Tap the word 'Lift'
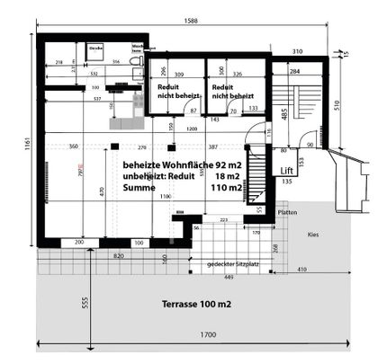point(288,170)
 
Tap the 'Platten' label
point(288,213)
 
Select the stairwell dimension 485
point(282,114)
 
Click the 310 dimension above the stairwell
point(298,50)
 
